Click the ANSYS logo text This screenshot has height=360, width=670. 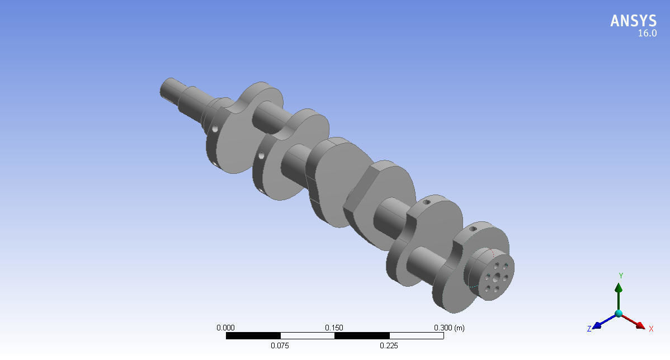(x=633, y=21)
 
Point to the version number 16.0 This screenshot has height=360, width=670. (x=647, y=34)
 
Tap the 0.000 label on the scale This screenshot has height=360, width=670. (x=225, y=328)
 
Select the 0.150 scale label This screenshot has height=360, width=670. (x=334, y=328)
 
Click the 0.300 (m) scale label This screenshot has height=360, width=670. (x=449, y=328)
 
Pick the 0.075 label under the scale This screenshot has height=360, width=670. (x=280, y=345)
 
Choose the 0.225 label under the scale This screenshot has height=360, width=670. (x=389, y=345)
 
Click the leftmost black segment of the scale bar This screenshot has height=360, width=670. (x=253, y=336)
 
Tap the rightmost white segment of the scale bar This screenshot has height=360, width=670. (x=416, y=336)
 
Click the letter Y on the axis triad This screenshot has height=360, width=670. (x=621, y=276)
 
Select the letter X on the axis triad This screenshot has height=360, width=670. (x=651, y=329)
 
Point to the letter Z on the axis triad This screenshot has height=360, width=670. (x=589, y=329)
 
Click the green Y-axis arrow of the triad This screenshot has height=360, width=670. (x=619, y=293)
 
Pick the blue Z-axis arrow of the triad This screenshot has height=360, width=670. (x=602, y=322)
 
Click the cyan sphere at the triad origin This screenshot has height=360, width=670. (x=619, y=314)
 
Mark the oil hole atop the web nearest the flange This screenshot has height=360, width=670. (x=473, y=229)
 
